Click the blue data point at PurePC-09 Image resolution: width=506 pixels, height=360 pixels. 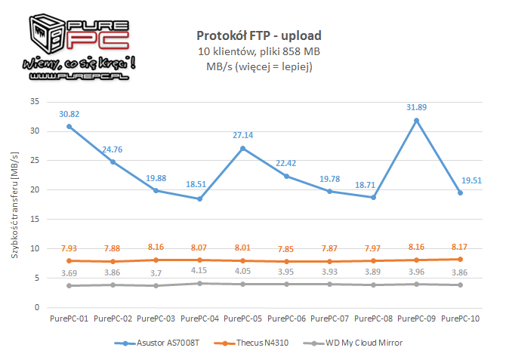click(416, 121)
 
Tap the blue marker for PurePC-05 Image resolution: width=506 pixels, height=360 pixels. click(243, 148)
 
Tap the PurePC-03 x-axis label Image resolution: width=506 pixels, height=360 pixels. click(157, 318)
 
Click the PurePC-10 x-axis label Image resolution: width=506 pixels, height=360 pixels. click(459, 318)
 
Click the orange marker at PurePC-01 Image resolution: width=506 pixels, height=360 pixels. click(70, 261)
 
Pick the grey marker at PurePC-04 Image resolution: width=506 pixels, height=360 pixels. click(200, 283)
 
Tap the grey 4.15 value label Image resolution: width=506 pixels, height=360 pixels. click(200, 269)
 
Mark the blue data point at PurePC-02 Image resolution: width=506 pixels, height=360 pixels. click(113, 162)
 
